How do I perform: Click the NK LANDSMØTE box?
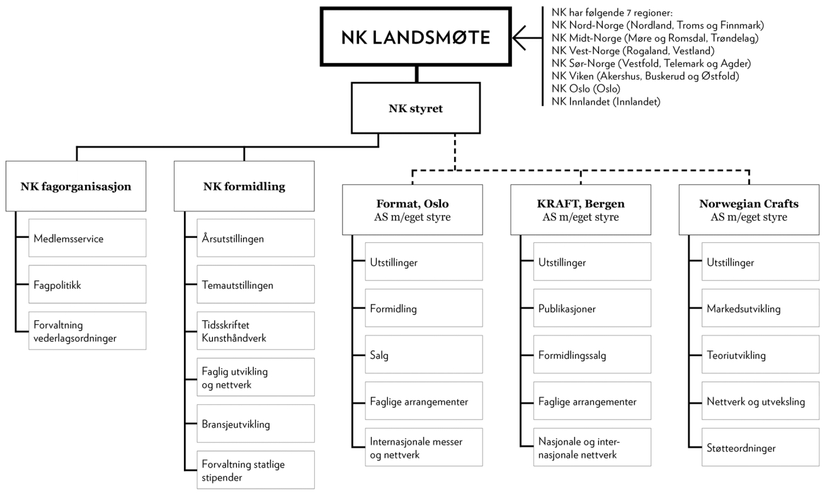(416, 38)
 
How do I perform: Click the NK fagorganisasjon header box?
(76, 186)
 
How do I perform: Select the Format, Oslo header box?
(412, 210)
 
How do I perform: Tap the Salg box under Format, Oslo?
(424, 355)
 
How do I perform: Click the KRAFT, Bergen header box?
(580, 210)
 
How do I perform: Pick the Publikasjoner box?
(592, 309)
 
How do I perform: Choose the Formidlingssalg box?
(592, 355)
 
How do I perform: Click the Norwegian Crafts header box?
(748, 210)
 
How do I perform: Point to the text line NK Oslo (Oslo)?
(586, 88)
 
